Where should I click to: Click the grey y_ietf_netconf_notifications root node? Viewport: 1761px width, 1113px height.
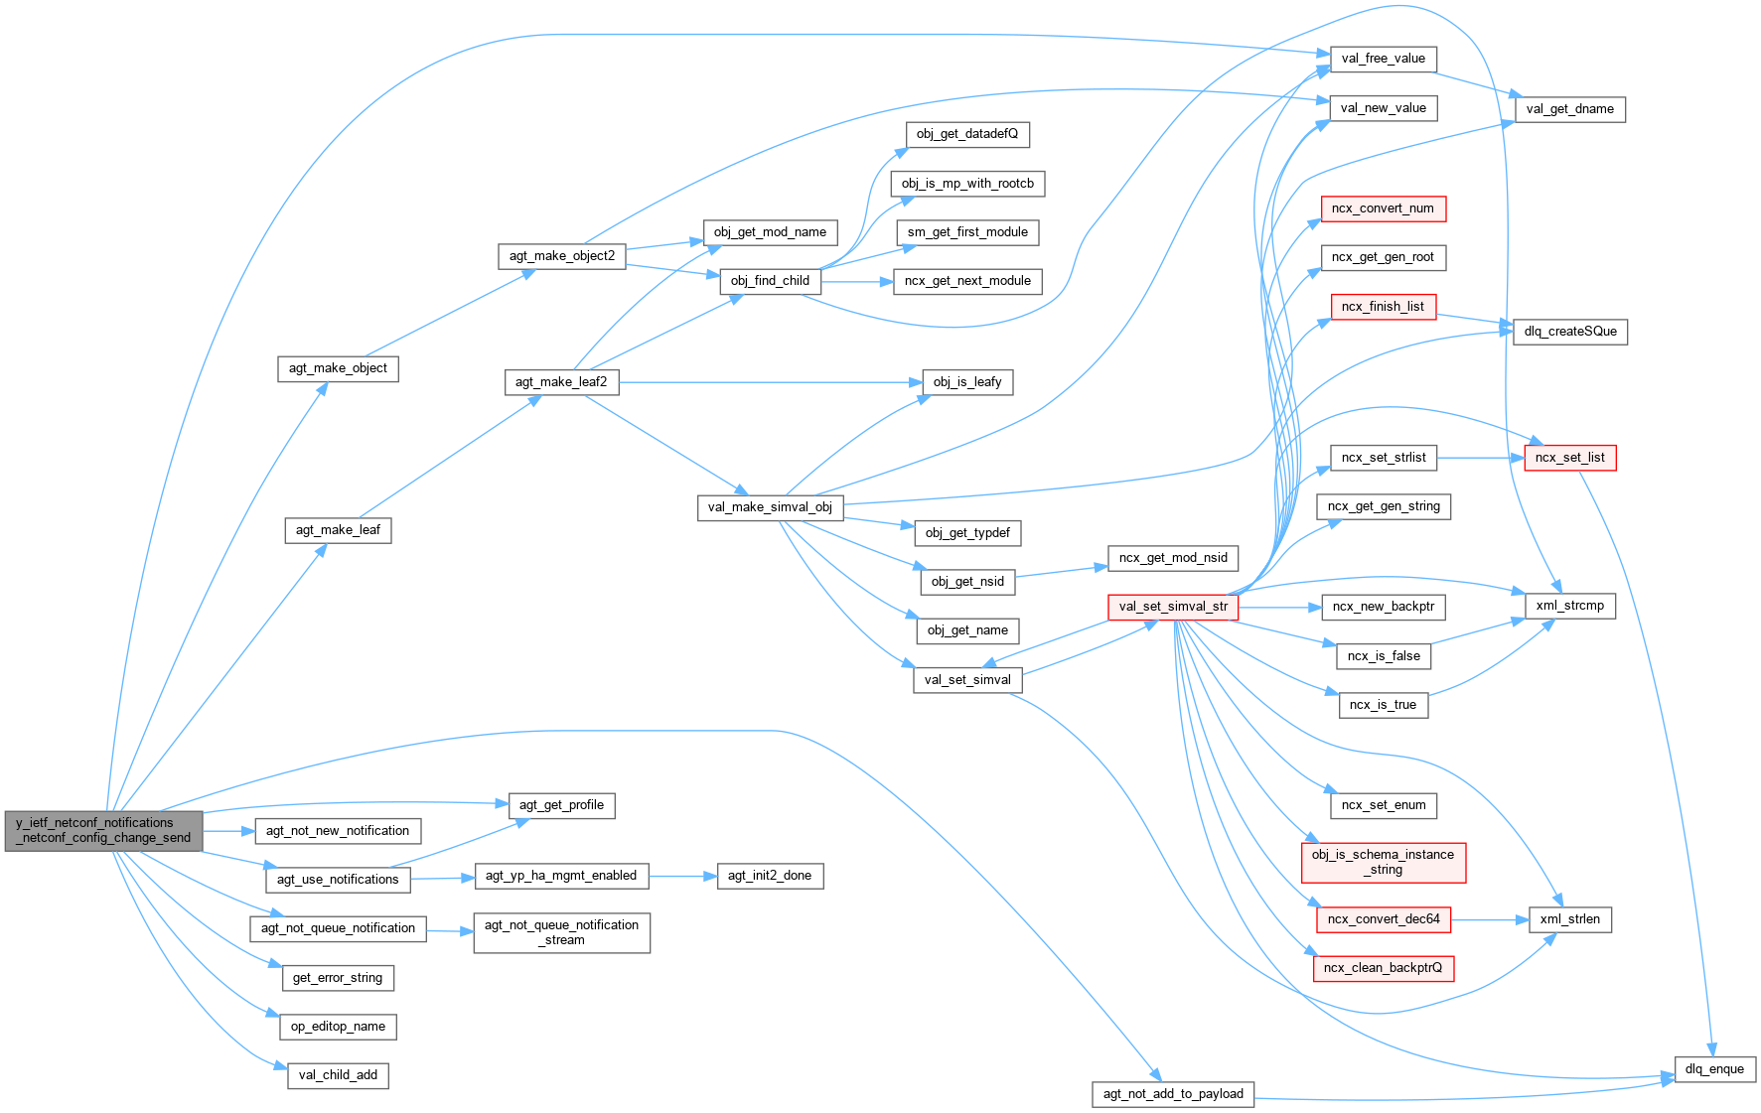(103, 830)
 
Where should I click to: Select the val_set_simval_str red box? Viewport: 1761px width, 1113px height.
(1172, 607)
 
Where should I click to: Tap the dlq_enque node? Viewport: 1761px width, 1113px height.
(1713, 1069)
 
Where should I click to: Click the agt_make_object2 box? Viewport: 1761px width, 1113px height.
(561, 256)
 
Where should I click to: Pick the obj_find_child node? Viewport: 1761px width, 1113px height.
(770, 281)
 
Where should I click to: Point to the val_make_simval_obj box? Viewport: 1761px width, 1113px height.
(770, 507)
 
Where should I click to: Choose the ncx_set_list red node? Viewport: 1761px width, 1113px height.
(1569, 458)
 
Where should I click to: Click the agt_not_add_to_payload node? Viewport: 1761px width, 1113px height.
(1172, 1094)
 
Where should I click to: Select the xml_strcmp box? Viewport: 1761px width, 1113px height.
(1569, 606)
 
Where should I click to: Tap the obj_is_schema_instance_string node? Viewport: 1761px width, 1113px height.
(1383, 862)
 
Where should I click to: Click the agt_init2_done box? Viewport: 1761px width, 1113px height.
(769, 876)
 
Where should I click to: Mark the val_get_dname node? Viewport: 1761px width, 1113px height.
(1569, 109)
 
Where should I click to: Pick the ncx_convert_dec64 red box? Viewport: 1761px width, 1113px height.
(1383, 919)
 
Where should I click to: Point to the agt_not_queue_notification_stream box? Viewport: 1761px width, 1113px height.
(561, 932)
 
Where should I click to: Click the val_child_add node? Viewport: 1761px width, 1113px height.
(338, 1075)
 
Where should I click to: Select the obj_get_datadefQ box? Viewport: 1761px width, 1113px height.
(966, 134)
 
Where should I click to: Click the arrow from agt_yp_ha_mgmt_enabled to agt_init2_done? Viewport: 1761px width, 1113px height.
(682, 876)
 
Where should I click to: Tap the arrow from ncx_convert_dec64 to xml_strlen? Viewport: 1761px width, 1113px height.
(1490, 919)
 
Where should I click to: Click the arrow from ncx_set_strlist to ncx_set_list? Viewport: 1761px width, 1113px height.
(1480, 458)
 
